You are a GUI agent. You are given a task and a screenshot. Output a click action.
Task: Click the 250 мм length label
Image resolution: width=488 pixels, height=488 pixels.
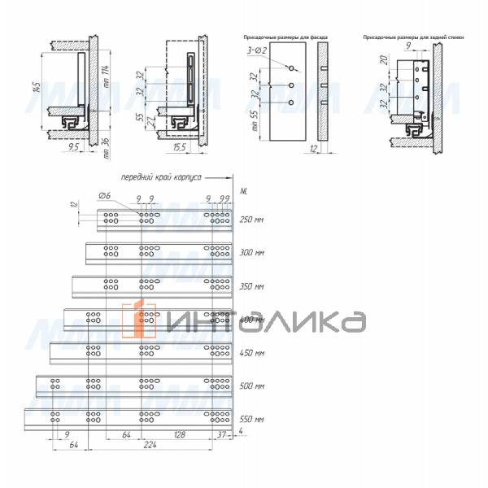253,220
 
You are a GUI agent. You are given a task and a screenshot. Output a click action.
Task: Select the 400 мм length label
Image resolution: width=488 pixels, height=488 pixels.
253,320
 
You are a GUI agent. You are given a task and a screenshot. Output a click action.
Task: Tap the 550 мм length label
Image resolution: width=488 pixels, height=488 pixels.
253,420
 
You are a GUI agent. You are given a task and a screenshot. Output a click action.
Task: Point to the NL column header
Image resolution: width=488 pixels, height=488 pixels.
244,192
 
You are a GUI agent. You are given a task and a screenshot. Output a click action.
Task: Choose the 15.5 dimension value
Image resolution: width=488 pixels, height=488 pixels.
180,148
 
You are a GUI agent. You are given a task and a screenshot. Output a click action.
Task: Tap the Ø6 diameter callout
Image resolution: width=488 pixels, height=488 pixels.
105,196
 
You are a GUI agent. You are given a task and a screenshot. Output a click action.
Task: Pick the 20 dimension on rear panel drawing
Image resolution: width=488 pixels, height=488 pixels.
382,63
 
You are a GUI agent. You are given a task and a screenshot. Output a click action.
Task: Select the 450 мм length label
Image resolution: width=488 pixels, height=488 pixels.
253,353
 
